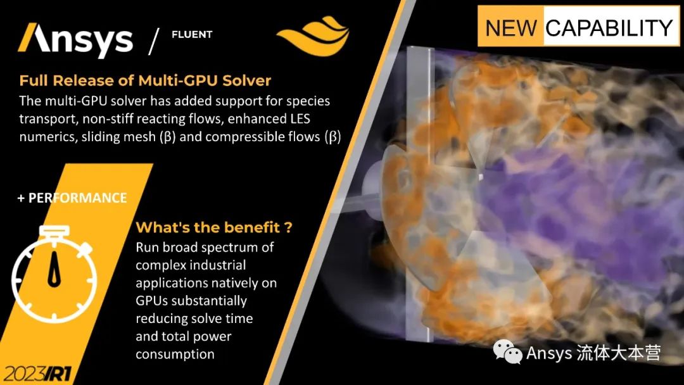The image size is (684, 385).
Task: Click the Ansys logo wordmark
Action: coord(75,39)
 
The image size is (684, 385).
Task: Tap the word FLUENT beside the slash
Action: coord(192,34)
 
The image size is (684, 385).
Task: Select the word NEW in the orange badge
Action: coord(511,27)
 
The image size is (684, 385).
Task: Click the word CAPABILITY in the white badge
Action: coord(609,27)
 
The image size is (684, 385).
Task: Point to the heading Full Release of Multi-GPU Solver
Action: coord(145,80)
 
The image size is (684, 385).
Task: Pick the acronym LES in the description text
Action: coord(300,118)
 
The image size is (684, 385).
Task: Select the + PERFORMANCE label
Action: coord(72,198)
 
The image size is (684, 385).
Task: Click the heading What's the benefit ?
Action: coord(214,227)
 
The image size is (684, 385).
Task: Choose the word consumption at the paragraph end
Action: coord(175,354)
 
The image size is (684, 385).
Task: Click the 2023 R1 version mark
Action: coord(37,374)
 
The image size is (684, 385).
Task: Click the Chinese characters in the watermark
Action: coord(619,353)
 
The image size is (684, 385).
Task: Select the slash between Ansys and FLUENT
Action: coord(153,41)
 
